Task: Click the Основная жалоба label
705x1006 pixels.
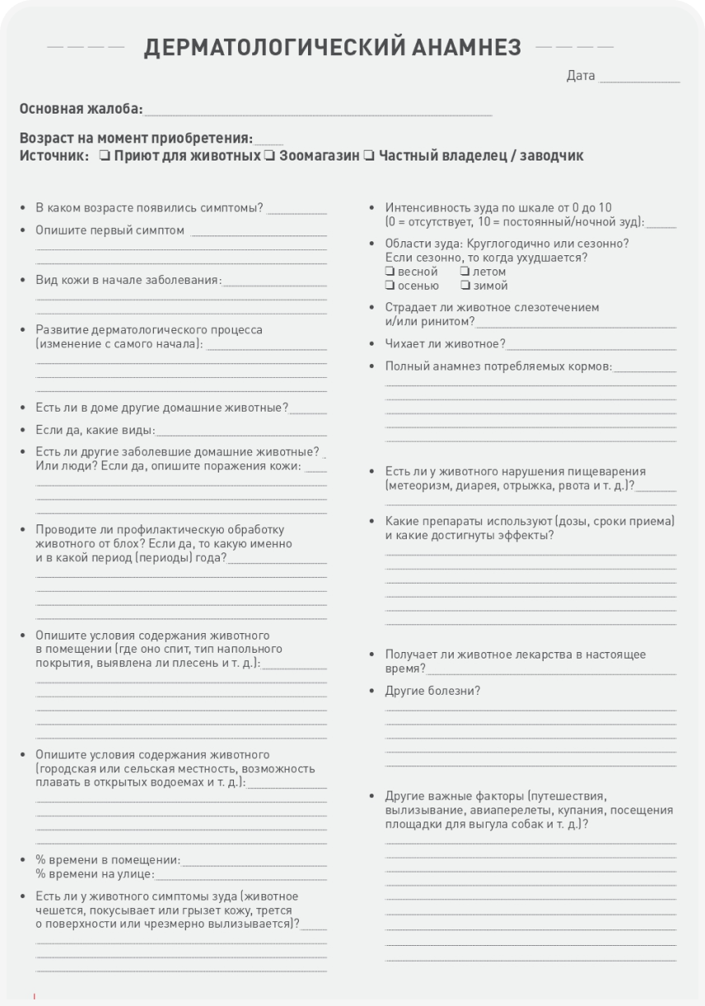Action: coord(80,109)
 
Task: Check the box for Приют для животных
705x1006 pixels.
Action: coord(105,156)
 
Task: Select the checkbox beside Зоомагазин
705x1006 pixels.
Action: coord(270,156)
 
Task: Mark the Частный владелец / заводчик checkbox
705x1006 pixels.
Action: coord(369,156)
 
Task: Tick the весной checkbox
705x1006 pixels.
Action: coord(390,272)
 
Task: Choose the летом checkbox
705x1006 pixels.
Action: coord(465,272)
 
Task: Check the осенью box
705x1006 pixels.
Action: coord(390,286)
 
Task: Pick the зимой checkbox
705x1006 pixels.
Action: coord(465,286)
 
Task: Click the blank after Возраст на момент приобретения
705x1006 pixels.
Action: coord(268,140)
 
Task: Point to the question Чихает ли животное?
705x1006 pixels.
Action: coord(446,343)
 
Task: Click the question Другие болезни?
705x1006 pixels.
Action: coord(432,691)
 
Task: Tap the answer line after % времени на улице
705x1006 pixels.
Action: coord(240,874)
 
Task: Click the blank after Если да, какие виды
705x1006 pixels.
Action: coord(240,431)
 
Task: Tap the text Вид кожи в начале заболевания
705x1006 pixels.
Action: coord(128,280)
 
